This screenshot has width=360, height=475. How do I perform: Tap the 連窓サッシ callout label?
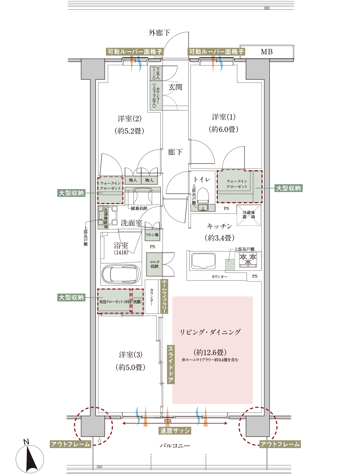coord(175,431)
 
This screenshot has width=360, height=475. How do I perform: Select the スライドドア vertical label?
coord(171,364)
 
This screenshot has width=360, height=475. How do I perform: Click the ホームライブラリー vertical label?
coord(164,296)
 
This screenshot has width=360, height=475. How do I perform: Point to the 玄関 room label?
coord(175,87)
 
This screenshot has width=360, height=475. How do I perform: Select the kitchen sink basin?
coord(203,261)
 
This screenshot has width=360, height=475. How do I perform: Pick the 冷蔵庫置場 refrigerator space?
coord(249,215)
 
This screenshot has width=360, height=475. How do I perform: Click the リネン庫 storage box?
coord(152,235)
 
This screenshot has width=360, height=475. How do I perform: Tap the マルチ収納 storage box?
coord(154,264)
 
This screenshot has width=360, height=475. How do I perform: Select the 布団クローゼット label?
coord(120,302)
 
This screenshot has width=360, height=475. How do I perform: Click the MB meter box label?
coord(267,52)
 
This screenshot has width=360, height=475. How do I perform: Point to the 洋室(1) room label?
coord(224,117)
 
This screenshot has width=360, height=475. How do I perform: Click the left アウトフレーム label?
coord(71,444)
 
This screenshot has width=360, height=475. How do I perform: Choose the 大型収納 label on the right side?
coord(288,188)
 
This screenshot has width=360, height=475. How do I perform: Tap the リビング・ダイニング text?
coord(210,332)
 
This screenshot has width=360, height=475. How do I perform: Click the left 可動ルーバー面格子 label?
coord(135,52)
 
